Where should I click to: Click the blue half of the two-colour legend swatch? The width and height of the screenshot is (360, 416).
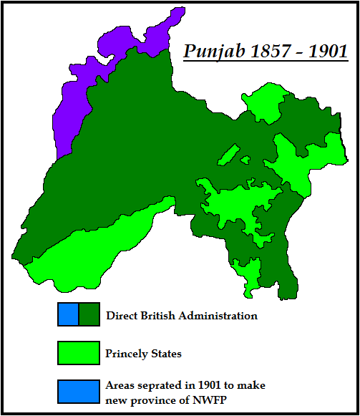pos(69,315)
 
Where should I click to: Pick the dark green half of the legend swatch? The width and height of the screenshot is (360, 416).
pos(88,315)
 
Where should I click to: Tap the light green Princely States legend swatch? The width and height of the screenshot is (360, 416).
pos(78,353)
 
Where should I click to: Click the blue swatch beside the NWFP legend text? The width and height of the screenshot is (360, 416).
pos(78,390)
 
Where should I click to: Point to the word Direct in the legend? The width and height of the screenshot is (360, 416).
pos(122,315)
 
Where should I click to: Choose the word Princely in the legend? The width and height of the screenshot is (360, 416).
pos(127,354)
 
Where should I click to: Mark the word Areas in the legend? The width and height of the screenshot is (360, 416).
pos(120,384)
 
